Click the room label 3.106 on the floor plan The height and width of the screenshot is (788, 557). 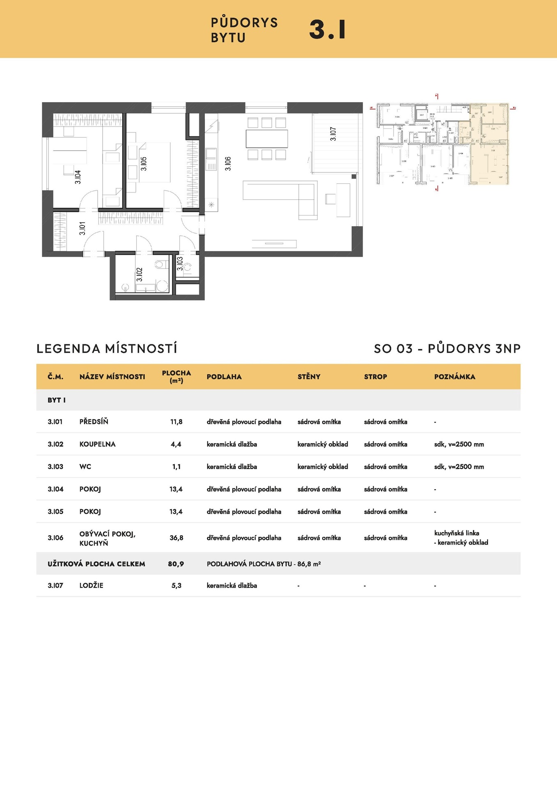coord(228,163)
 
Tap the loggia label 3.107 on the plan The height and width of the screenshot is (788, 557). coord(333,134)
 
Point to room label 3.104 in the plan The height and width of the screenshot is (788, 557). coord(78,177)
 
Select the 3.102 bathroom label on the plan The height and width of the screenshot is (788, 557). coord(140,274)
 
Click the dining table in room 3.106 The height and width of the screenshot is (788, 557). coord(267,139)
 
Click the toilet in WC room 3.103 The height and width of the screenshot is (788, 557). coord(188,268)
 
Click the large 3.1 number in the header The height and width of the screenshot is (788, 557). coord(327,30)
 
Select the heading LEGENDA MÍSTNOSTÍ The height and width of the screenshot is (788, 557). coord(107,349)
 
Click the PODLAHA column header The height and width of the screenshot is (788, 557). coord(224,377)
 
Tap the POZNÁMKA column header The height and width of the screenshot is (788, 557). coord(454,377)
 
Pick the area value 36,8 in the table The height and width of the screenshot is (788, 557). coord(176,538)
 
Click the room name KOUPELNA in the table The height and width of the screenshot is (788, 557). coord(97,444)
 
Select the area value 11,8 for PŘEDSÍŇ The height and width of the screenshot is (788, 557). coord(176,421)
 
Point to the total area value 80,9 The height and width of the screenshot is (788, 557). coord(176,564)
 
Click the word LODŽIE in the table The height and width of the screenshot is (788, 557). coord(91,586)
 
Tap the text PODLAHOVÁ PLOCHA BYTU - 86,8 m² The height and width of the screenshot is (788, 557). coord(264,564)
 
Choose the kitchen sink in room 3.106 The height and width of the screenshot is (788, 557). coord(211,153)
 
